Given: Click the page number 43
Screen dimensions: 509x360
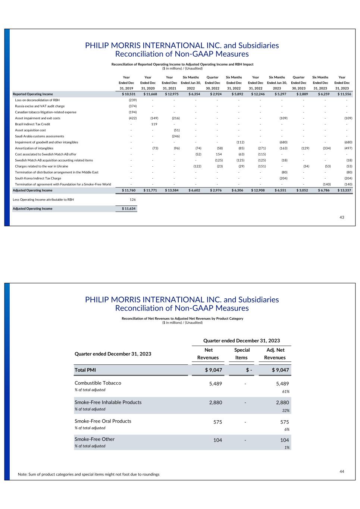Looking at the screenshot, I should [x=342, y=217].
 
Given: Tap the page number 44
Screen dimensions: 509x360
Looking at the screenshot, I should [x=342, y=471].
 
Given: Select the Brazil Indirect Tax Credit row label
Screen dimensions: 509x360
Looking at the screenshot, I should [x=32, y=124].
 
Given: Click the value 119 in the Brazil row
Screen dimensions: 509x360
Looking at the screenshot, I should [x=154, y=124].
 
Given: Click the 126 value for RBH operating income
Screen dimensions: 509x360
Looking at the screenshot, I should [x=132, y=199].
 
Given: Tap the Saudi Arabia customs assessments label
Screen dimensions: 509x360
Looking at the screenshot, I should [x=40, y=136].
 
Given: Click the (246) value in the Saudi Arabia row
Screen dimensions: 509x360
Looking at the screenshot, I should [x=175, y=136].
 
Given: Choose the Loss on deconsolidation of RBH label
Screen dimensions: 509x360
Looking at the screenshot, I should [x=37, y=100].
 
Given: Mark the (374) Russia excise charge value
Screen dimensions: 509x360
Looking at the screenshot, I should [x=132, y=106].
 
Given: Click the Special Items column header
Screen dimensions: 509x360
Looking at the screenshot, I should [x=241, y=354].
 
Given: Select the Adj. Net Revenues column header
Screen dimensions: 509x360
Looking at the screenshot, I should [x=275, y=354].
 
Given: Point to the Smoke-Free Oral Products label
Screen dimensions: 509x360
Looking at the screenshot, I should [x=103, y=421].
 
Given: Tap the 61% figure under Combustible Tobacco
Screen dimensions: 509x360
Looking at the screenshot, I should [x=285, y=392].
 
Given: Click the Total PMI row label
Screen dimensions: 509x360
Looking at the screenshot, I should [x=85, y=370].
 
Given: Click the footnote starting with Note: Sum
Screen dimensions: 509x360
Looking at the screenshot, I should [x=89, y=474].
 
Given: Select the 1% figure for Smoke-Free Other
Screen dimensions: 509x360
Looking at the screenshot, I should [x=287, y=447].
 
